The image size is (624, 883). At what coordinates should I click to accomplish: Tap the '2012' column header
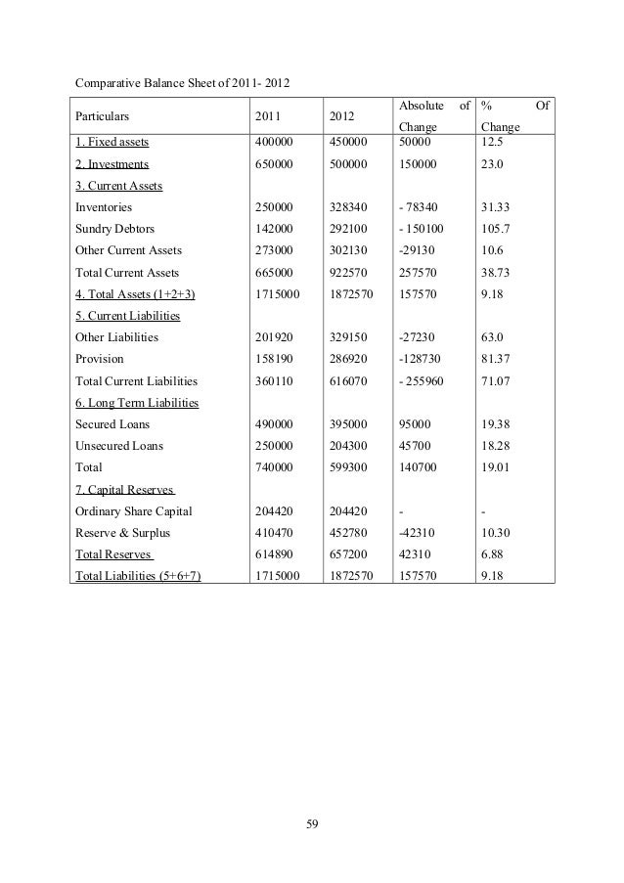click(342, 114)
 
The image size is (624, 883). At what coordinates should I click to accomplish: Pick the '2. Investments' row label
click(111, 165)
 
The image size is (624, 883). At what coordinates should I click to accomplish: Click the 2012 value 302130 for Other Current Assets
click(349, 250)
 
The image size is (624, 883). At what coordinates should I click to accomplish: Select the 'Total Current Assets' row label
click(127, 272)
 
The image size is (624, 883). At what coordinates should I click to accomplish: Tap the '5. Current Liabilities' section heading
click(128, 315)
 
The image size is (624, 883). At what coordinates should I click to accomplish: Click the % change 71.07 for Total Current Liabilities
click(497, 380)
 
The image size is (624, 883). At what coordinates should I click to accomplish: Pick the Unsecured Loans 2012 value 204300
click(349, 446)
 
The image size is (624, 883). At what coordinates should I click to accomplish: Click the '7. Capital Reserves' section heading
click(124, 489)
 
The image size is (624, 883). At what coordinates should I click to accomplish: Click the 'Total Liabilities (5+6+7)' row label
click(138, 575)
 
